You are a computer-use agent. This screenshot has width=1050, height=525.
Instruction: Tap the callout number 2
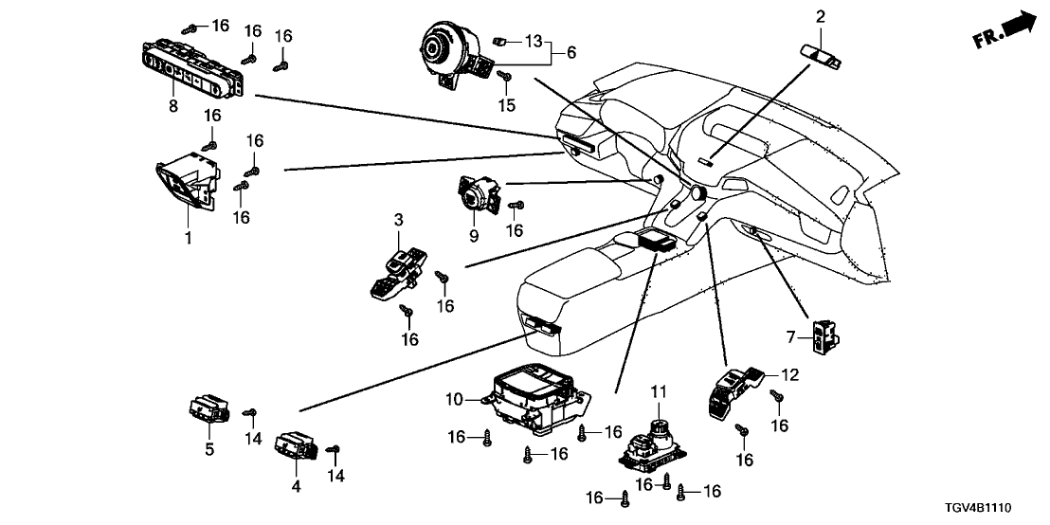click(x=821, y=15)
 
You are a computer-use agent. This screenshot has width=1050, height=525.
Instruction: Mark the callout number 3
click(x=400, y=220)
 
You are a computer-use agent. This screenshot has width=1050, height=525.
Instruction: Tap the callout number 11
click(x=659, y=389)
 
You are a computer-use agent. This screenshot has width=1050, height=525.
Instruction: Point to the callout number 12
click(x=789, y=375)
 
